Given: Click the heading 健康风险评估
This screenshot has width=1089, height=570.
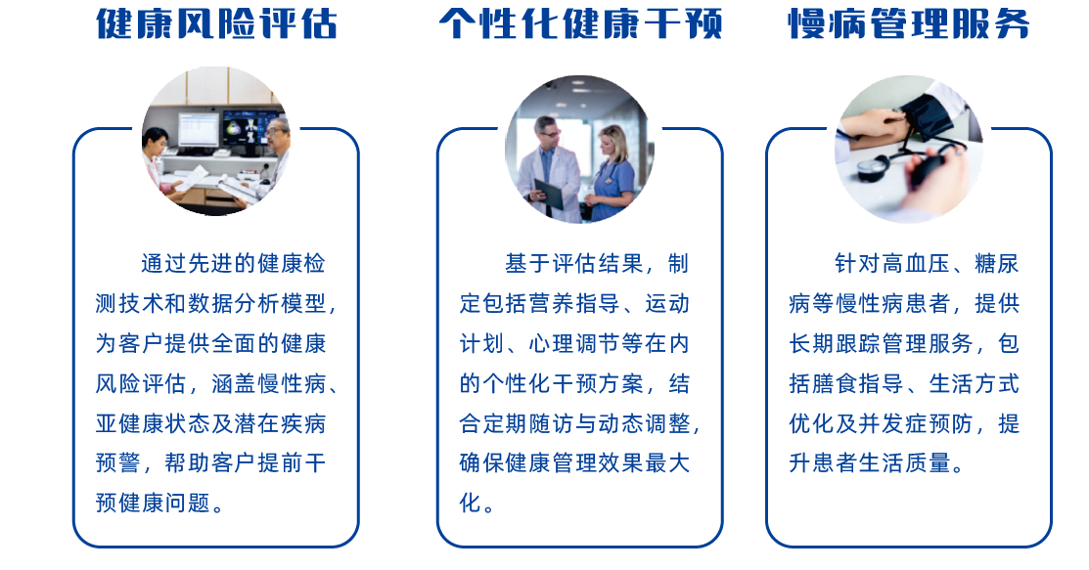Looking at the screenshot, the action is [x=216, y=23].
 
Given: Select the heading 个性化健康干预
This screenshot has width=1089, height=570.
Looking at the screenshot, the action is [x=580, y=23].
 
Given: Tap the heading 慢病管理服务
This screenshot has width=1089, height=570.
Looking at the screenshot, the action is [x=908, y=23].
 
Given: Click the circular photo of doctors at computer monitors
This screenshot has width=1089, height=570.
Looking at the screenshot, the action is [x=216, y=141].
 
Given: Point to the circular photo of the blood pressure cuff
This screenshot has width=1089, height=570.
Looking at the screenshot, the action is [x=908, y=149].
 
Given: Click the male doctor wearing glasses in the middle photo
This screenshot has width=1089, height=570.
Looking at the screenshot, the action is [x=549, y=169].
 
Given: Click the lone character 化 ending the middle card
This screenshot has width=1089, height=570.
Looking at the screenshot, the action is [x=471, y=503].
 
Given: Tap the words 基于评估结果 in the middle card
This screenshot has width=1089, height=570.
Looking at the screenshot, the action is [x=574, y=264].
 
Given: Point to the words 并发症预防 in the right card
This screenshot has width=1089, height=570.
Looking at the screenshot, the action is [x=916, y=423].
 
